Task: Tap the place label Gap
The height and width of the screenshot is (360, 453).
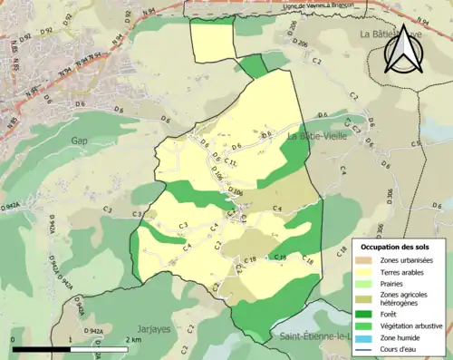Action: (80, 141)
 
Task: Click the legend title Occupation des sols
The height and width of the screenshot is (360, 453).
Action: (395, 247)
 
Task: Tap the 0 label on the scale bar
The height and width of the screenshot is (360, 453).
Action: (13, 340)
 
